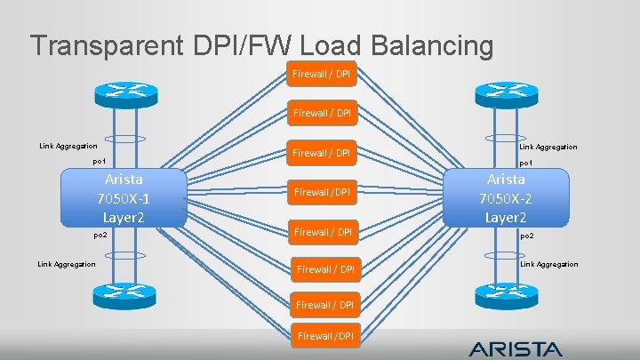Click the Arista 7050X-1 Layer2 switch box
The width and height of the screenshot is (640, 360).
tap(123, 196)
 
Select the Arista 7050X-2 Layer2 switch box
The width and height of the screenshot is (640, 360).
tap(504, 196)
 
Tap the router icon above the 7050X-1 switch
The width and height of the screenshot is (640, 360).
tap(124, 92)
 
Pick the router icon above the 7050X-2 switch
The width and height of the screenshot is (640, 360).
tap(505, 92)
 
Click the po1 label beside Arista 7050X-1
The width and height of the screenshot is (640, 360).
tap(100, 162)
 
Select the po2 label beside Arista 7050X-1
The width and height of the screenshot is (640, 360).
tap(100, 235)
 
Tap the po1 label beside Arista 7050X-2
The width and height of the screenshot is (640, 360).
tap(525, 163)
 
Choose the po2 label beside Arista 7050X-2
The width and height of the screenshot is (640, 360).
tap(525, 236)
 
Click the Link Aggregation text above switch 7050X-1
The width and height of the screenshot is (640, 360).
tap(68, 146)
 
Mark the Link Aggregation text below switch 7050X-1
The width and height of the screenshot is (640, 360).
tap(67, 263)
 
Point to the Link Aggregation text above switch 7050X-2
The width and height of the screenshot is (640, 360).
tap(548, 147)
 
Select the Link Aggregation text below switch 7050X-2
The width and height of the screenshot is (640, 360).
tap(548, 264)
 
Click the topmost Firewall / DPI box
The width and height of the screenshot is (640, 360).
tap(321, 73)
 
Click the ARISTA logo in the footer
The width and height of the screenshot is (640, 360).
tap(516, 348)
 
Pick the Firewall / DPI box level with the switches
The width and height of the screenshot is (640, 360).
tap(324, 192)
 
